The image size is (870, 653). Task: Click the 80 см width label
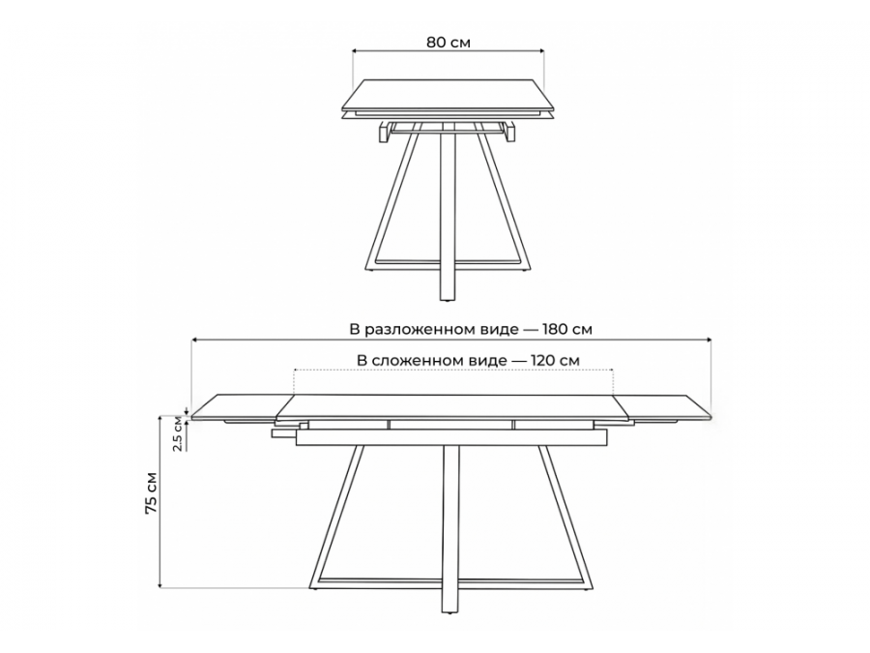[449, 43]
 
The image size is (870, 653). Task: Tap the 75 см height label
[151, 493]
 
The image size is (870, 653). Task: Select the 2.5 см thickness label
[178, 433]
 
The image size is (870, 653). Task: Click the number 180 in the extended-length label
[556, 329]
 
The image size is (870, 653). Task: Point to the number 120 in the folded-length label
[543, 361]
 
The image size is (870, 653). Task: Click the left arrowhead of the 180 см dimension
[194, 340]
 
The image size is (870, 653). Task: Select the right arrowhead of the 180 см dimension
[708, 340]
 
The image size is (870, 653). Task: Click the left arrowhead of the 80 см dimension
[356, 50]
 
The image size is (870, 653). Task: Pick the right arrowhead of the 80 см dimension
[540, 50]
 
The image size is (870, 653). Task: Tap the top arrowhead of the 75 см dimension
[160, 418]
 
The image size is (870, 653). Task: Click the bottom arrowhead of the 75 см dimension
[160, 583]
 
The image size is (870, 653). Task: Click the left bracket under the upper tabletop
[384, 133]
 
